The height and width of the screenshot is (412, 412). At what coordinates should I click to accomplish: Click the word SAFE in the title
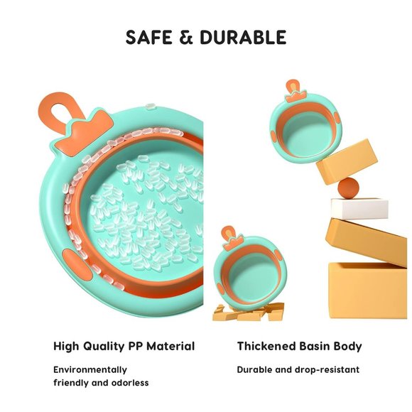click(148, 37)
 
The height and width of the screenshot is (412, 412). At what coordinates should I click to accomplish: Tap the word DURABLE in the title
click(243, 37)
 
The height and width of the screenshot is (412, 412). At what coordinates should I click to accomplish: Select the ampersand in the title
click(186, 37)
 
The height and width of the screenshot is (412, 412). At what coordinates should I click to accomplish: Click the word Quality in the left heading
click(104, 347)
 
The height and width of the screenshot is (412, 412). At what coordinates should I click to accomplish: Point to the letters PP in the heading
click(135, 346)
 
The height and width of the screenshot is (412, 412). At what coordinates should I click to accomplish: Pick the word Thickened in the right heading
click(266, 346)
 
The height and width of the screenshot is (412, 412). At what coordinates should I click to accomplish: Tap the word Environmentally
click(90, 370)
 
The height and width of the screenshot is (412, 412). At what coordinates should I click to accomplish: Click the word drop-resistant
click(327, 370)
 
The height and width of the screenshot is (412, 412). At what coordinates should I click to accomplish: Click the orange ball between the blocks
click(348, 188)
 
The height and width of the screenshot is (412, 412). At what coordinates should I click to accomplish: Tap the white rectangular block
click(359, 208)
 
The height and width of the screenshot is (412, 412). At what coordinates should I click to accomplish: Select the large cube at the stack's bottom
click(368, 291)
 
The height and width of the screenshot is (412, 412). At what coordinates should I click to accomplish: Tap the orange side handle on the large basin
click(77, 265)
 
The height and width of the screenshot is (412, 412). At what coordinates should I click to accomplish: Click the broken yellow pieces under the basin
click(249, 312)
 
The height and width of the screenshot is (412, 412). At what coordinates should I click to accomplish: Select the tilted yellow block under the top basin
click(347, 161)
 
